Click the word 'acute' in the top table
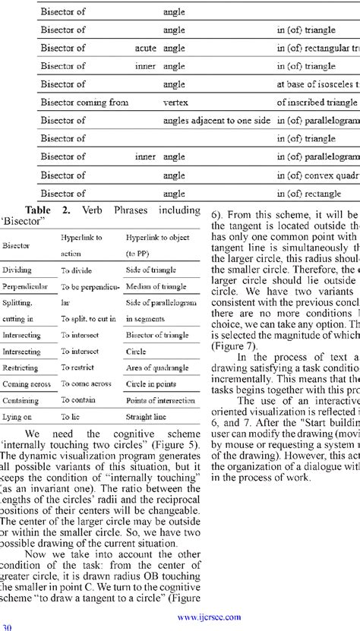(x=145, y=48)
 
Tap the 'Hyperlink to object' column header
(x=158, y=238)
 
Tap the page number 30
(x=7, y=626)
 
